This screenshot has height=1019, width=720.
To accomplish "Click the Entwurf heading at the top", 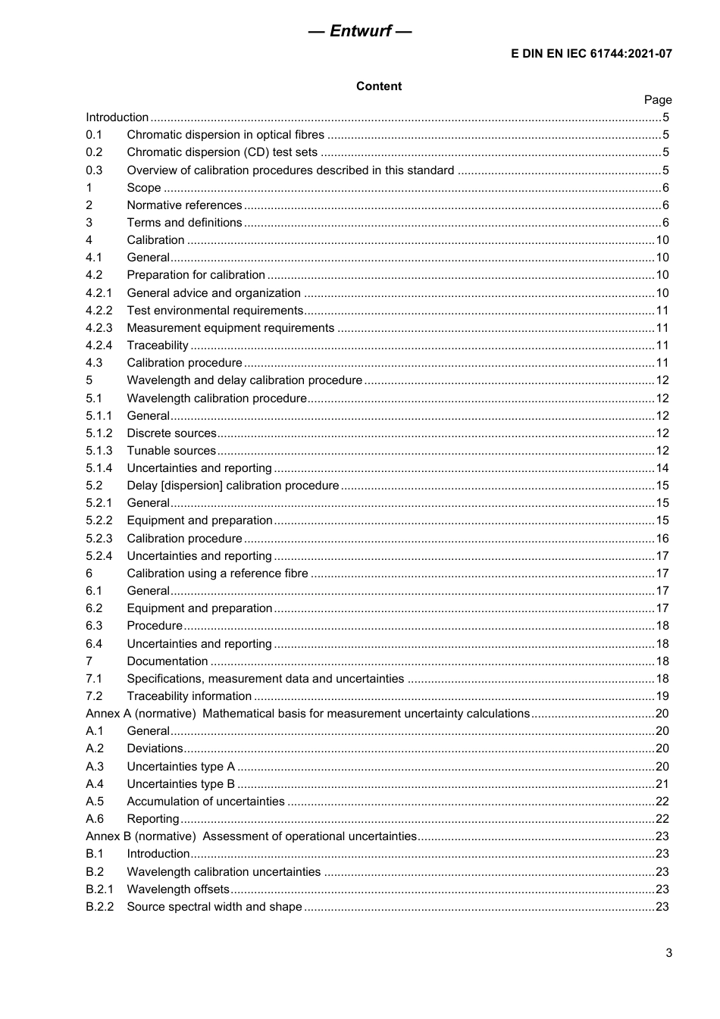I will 360,31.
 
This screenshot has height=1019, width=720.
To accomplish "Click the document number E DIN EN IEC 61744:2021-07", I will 591,54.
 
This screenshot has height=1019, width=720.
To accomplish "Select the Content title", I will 379,86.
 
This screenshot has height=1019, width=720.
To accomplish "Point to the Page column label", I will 657,100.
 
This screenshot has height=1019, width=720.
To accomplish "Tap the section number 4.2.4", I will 99,345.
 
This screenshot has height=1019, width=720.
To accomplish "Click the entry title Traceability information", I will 189,696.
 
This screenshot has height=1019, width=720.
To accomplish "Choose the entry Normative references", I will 184,205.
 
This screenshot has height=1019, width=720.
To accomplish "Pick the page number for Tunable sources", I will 662,451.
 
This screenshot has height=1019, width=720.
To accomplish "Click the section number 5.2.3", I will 99,539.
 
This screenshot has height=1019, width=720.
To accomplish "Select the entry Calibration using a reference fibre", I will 218,574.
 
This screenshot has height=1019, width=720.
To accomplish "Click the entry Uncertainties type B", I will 180,784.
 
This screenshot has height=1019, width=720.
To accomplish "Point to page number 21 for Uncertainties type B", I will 662,784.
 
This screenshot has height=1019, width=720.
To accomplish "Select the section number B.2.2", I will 99,907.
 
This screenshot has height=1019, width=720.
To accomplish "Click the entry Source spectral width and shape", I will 214,907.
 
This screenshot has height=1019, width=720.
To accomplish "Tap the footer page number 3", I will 668,953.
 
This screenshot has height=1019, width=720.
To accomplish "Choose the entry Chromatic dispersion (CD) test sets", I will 222,152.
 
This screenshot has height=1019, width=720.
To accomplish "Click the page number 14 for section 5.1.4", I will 662,468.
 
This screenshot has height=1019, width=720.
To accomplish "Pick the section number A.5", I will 95,802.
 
